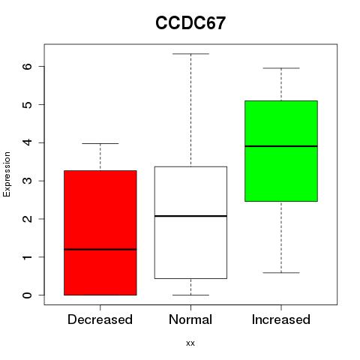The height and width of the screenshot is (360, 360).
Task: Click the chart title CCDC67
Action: (x=190, y=23)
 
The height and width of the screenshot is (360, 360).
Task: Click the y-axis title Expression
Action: (x=7, y=174)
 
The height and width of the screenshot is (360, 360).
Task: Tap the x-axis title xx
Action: (x=190, y=343)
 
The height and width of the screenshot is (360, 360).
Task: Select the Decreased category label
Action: (x=100, y=319)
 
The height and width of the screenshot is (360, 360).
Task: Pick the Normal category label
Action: (x=190, y=319)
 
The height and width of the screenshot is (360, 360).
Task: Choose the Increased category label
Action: (x=281, y=319)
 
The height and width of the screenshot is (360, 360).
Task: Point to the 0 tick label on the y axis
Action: (x=27, y=295)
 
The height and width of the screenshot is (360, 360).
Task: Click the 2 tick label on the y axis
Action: (x=27, y=219)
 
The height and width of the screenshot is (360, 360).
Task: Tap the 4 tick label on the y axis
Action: (x=27, y=142)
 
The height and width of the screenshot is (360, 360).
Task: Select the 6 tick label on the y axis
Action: (x=27, y=66)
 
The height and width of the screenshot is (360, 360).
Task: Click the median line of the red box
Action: (x=100, y=249)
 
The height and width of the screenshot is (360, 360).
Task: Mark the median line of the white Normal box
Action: (x=190, y=216)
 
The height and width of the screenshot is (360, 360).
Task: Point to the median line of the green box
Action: (x=281, y=146)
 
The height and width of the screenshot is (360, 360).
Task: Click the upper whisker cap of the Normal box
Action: (x=190, y=54)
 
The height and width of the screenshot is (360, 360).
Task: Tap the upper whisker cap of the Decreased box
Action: (x=100, y=143)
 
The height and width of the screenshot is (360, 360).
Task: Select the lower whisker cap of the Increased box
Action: (x=281, y=272)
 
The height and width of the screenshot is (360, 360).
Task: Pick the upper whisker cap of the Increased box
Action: (x=281, y=68)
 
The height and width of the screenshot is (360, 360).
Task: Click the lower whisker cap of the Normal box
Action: (x=190, y=295)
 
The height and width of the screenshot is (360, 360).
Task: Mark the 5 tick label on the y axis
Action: (x=27, y=104)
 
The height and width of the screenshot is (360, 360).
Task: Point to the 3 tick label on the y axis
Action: (x=27, y=181)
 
